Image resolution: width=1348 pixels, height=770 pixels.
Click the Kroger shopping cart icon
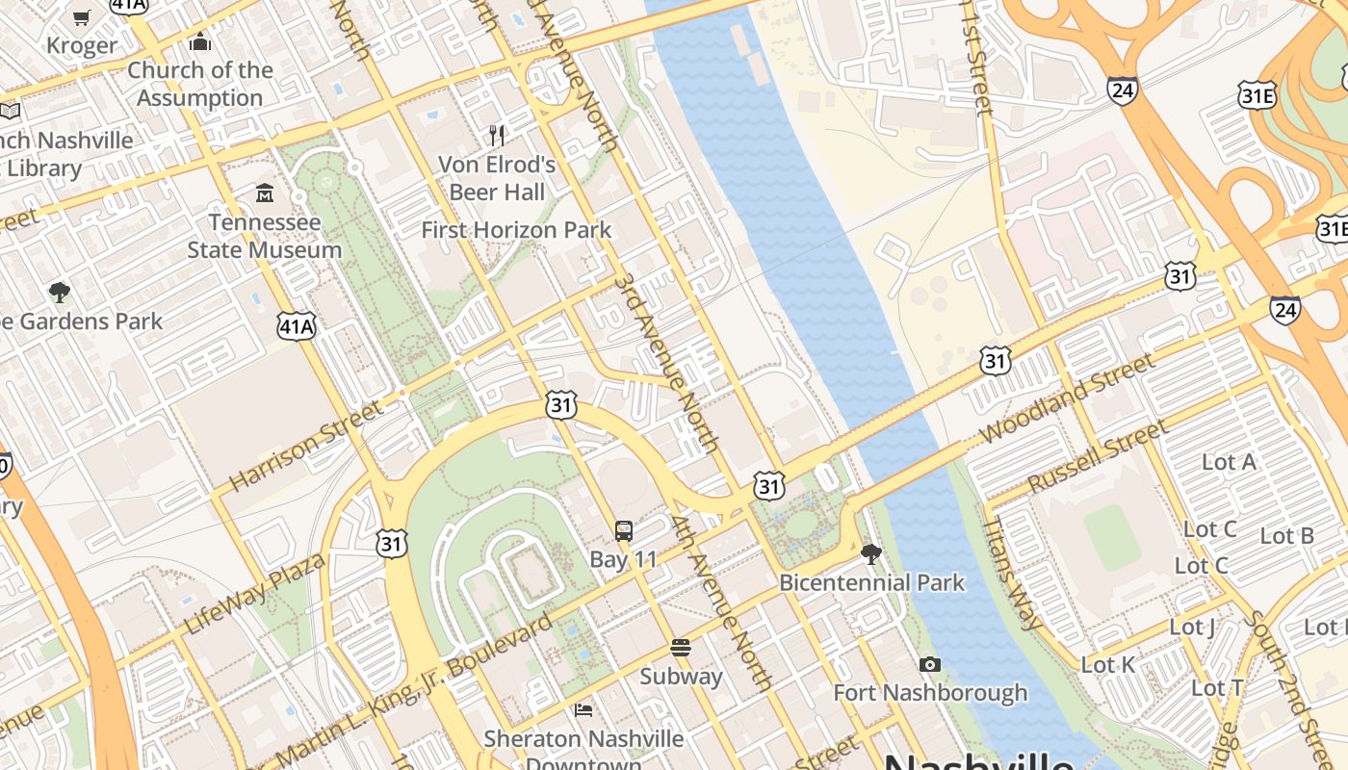(82, 17)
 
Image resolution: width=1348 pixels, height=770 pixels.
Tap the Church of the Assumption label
(200, 84)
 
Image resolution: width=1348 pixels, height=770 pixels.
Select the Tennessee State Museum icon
(265, 194)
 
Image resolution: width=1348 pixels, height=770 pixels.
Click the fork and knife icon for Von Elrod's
(497, 135)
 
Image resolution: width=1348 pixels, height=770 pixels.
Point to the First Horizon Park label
(516, 230)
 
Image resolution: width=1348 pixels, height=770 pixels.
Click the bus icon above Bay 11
(624, 531)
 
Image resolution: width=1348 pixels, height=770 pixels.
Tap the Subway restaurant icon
(681, 648)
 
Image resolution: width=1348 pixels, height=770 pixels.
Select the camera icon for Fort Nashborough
(929, 664)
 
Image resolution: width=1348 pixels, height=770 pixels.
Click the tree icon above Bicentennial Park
(871, 553)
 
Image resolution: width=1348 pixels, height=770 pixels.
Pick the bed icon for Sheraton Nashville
(583, 710)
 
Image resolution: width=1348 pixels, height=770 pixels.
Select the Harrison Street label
(306, 447)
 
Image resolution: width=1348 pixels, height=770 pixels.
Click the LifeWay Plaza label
(255, 594)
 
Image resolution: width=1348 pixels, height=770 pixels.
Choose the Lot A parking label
(1229, 462)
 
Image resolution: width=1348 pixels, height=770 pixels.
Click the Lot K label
(1108, 665)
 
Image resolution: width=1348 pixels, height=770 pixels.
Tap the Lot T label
(1218, 688)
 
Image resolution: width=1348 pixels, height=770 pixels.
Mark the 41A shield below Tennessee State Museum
(297, 327)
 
